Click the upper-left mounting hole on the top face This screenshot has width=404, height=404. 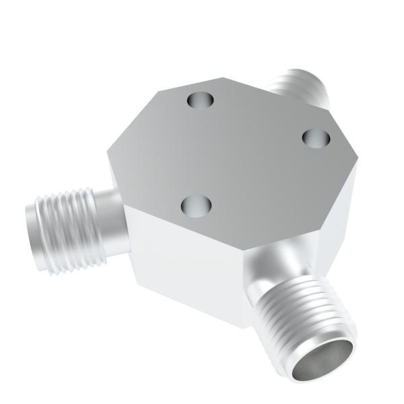(x=200, y=101)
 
